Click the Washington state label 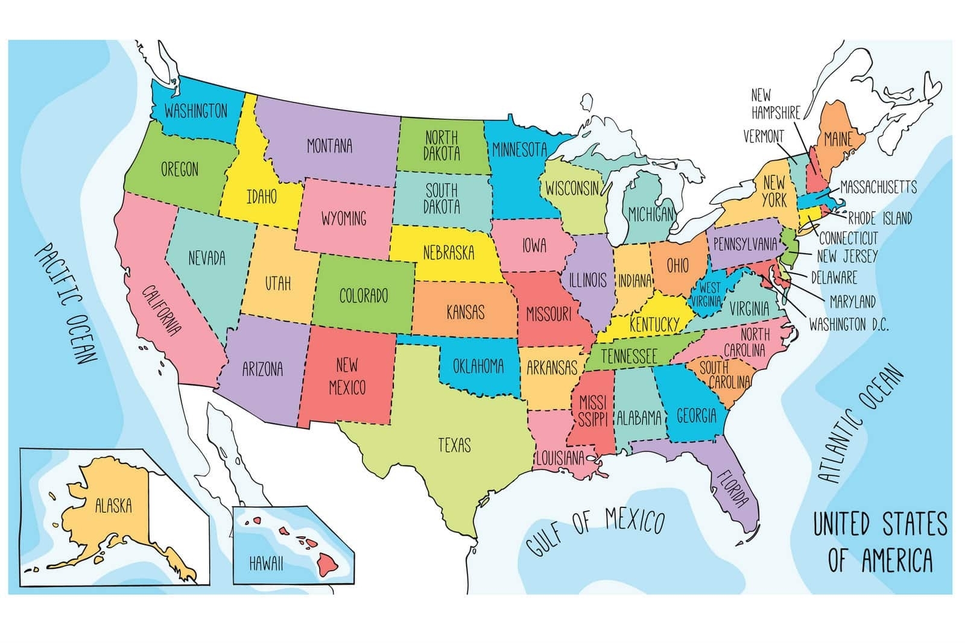coord(196,111)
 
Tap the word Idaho coord(262,196)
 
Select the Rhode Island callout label coord(880,218)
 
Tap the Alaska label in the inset coord(113,505)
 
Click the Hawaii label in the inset coord(266,564)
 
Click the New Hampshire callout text coord(775,104)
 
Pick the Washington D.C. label coord(849,325)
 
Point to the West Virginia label coord(709,294)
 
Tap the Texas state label coord(454,445)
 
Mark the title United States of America coord(880,542)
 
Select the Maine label coord(838,140)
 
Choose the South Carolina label coord(724,374)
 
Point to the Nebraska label coord(448,252)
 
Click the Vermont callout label coord(763,136)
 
